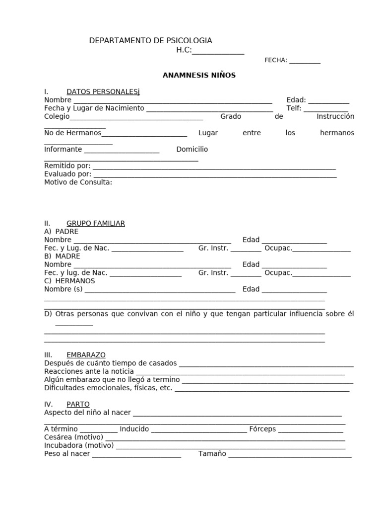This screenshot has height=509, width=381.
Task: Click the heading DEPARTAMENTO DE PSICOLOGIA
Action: pyautogui.click(x=150, y=41)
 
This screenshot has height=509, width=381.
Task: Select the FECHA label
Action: pyautogui.click(x=275, y=60)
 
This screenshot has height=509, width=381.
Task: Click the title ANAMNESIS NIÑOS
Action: pyautogui.click(x=199, y=76)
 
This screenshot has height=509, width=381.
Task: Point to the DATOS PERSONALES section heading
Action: pyautogui.click(x=103, y=92)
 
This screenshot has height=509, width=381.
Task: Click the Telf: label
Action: pyautogui.click(x=294, y=108)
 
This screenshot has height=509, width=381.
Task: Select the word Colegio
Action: pyautogui.click(x=57, y=116)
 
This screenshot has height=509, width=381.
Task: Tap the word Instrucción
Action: pyautogui.click(x=335, y=116)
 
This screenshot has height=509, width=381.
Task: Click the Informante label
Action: pyautogui.click(x=63, y=149)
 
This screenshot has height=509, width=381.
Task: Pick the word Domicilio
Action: pyautogui.click(x=192, y=149)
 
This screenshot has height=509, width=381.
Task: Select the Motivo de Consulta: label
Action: pyautogui.click(x=78, y=182)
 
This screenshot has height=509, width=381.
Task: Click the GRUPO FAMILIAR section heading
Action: pyautogui.click(x=96, y=223)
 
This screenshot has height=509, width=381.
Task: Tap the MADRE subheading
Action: pyautogui.click(x=67, y=256)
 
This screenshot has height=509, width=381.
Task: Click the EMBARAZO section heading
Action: pyautogui.click(x=86, y=355)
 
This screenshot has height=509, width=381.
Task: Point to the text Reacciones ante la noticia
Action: pyautogui.click(x=89, y=371)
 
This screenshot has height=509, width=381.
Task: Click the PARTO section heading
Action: pyautogui.click(x=78, y=404)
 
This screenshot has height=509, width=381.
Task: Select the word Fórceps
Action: pyautogui.click(x=262, y=429)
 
